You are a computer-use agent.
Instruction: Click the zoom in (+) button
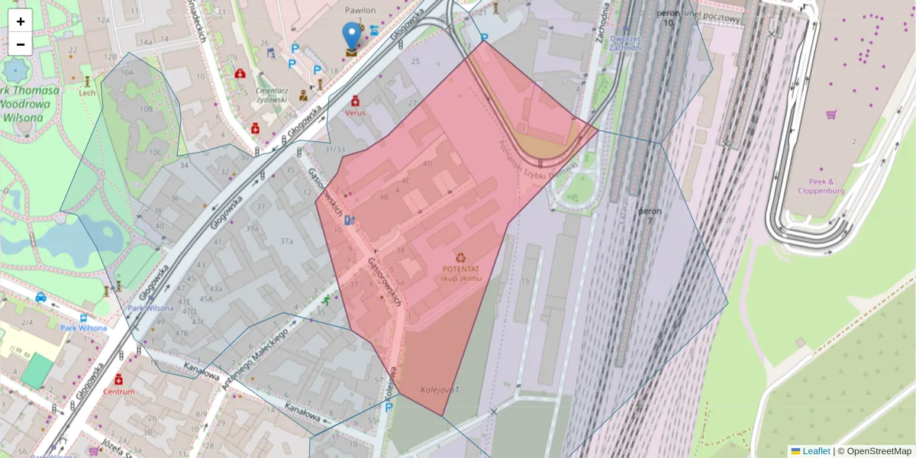click(21, 21)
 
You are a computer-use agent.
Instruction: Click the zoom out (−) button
click(21, 44)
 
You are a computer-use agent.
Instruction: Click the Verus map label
click(355, 112)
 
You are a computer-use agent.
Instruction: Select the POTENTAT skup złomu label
click(460, 273)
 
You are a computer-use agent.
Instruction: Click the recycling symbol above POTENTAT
click(460, 258)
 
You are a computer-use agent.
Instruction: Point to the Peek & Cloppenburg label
click(821, 186)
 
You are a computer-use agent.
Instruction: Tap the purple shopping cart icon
click(831, 114)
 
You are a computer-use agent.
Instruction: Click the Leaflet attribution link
click(816, 451)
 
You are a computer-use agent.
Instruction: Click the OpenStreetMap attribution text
click(879, 451)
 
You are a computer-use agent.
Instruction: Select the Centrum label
click(119, 392)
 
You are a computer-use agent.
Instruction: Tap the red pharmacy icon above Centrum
click(119, 379)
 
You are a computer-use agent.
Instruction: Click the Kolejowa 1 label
click(440, 390)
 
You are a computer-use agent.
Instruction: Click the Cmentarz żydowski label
click(272, 95)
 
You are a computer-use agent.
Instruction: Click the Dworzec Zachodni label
click(624, 43)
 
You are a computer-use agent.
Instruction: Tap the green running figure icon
click(327, 300)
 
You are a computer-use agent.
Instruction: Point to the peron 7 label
click(650, 215)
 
